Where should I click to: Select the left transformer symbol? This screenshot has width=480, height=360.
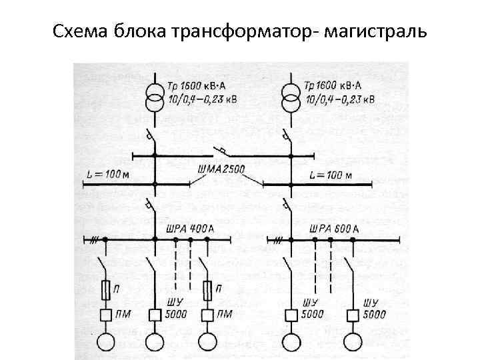154,98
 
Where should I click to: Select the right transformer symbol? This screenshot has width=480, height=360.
291,98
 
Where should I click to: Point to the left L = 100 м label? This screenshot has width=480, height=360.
107,175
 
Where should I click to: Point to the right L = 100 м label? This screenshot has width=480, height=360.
331,175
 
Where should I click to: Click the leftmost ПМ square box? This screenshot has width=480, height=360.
106,315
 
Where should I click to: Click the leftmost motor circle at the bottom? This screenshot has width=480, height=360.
106,342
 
